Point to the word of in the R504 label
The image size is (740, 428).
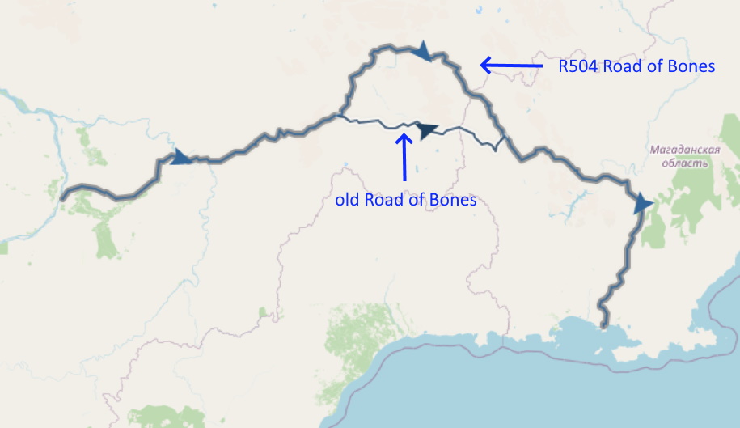coord(652,66)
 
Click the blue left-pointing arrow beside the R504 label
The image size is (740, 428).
coord(510,65)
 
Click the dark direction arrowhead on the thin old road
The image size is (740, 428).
coord(425,129)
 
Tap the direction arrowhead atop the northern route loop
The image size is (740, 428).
coord(421,52)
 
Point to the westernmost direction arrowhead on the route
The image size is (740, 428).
coord(182,156)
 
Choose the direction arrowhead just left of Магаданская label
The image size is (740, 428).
coord(643,202)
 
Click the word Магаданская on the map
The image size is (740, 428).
coord(679,150)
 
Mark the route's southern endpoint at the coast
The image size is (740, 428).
coord(603,325)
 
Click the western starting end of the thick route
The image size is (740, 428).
coord(62,197)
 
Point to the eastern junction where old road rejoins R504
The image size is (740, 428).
coord(505,139)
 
